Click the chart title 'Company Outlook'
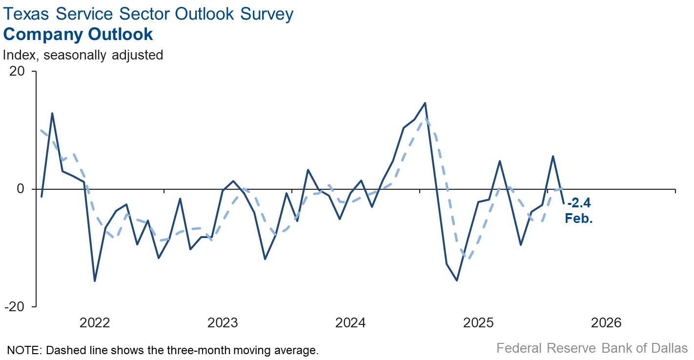[x=78, y=35]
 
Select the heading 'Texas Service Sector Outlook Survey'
[x=148, y=14]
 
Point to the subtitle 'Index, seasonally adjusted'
[x=83, y=55]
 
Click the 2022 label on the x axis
[x=95, y=323]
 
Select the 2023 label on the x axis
[x=223, y=323]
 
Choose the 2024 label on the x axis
[x=350, y=323]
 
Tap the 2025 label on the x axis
[x=478, y=323]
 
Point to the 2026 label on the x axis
[x=606, y=323]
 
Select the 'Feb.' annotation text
[x=579, y=218]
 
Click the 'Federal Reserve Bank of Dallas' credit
[x=592, y=348]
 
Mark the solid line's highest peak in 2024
[x=425, y=103]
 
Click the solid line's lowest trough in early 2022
[x=95, y=281]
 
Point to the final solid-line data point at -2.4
[x=564, y=203]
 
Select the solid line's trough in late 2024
[x=457, y=280]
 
